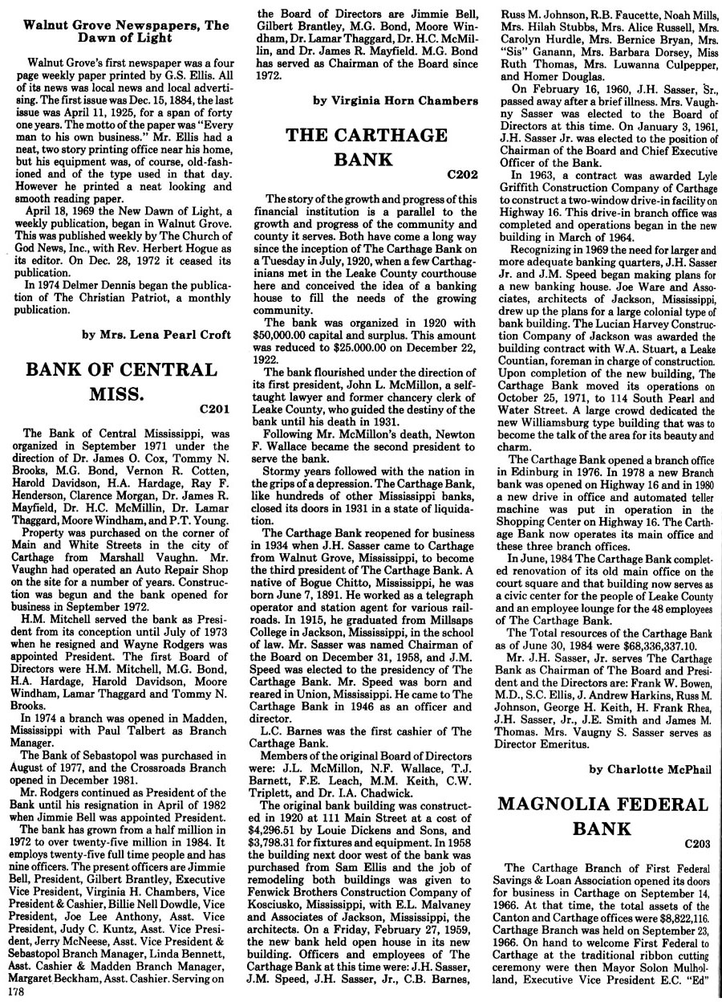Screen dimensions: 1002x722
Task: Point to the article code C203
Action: tap(698, 844)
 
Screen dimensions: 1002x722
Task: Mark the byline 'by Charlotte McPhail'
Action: tap(650, 768)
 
